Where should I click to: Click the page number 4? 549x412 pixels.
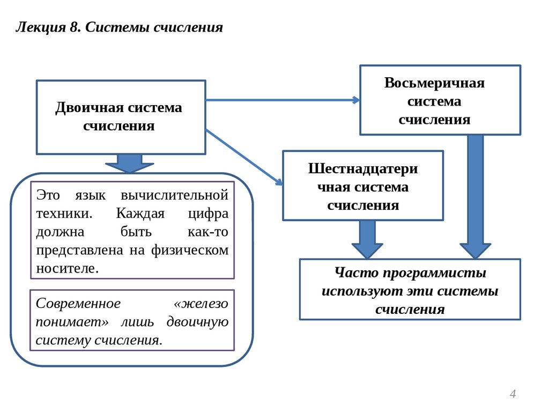coord(513,394)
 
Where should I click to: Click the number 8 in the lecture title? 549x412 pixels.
coord(74,27)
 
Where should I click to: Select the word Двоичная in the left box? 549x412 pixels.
coord(89,108)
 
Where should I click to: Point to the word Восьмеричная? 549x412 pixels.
coord(434,83)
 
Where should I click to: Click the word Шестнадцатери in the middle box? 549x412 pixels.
coord(363,168)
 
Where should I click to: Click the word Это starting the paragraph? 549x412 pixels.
coord(48,194)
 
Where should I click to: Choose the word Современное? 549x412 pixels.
coord(78,303)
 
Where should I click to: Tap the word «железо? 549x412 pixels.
coord(201,303)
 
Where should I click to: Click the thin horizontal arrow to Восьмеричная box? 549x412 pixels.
coord(282,100)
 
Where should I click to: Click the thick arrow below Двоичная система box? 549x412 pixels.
coord(129,163)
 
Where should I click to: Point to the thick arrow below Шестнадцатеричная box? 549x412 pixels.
coord(367,239)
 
